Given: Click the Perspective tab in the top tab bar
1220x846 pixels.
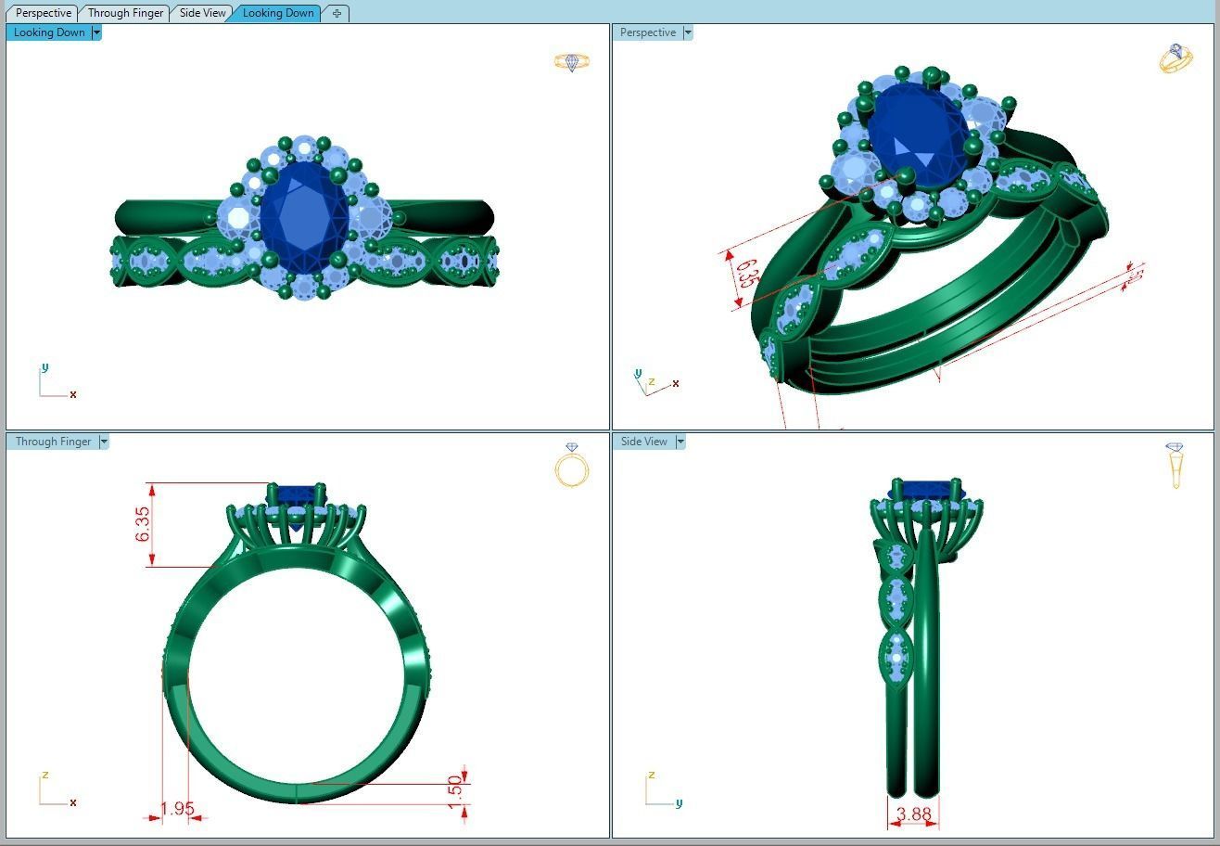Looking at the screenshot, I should (44, 13).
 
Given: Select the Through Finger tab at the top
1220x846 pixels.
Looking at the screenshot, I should (125, 13).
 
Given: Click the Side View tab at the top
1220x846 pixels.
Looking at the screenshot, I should (202, 13).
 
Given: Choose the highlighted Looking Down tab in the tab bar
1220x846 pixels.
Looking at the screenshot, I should (277, 13).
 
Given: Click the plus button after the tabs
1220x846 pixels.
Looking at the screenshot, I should (337, 13).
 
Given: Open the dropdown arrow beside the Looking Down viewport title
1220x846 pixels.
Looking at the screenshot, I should (96, 32).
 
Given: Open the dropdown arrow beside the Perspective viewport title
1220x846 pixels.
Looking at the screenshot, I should (688, 32).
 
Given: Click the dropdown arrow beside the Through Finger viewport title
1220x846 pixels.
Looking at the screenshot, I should (104, 442).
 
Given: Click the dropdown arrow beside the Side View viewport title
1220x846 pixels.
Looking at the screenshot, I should (680, 442).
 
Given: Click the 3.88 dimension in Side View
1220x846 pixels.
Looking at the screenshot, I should (914, 814).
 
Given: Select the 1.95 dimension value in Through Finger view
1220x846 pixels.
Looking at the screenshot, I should (177, 809).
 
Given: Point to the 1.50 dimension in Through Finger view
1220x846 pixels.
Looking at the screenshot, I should (454, 791).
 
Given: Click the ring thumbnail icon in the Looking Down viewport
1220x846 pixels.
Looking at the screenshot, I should (572, 62).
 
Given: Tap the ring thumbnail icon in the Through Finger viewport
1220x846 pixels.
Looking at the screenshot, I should (572, 466).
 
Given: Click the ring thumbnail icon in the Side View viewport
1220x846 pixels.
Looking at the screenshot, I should (1176, 465).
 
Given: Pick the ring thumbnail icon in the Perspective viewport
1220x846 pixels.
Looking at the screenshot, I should (1176, 58).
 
